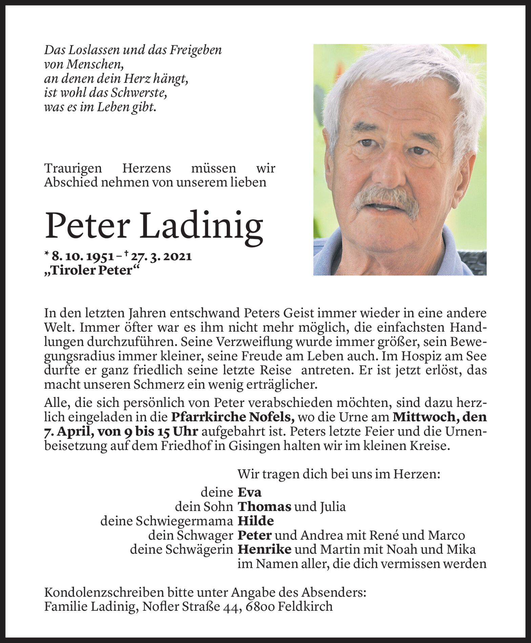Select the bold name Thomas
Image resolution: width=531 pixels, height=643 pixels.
pyautogui.click(x=264, y=506)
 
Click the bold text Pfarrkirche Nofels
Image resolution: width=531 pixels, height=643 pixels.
pyautogui.click(x=232, y=417)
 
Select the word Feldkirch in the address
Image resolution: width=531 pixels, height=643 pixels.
pyautogui.click(x=305, y=606)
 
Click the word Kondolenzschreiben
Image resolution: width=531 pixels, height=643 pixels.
pyautogui.click(x=103, y=592)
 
